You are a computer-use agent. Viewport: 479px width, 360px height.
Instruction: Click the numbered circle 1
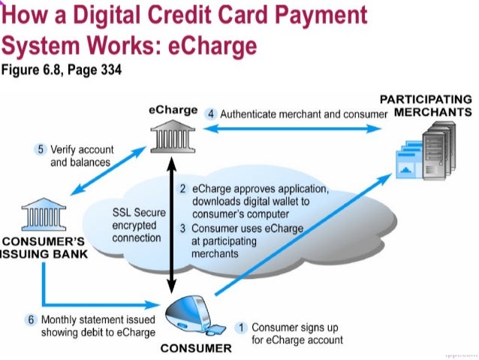click(x=242, y=328)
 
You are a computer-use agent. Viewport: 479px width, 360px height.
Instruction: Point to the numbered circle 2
click(x=182, y=188)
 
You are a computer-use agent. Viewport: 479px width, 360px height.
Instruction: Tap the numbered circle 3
click(x=182, y=228)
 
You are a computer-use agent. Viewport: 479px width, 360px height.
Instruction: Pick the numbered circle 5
click(x=41, y=149)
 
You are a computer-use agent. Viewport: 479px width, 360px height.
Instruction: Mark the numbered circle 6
click(x=31, y=319)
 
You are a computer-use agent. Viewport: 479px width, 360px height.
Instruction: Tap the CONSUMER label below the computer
click(x=196, y=349)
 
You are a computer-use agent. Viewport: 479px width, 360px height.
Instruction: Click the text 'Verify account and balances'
click(x=80, y=156)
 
